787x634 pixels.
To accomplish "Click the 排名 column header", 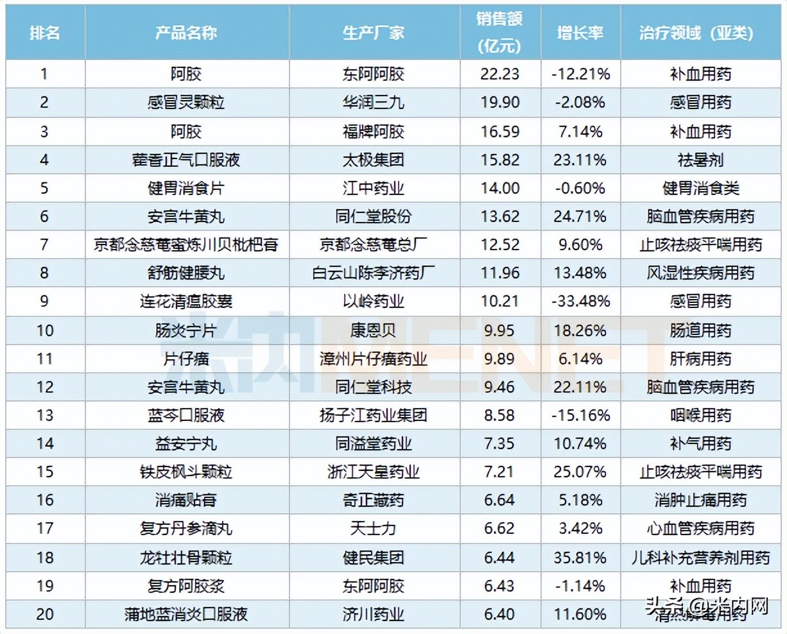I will [44, 33].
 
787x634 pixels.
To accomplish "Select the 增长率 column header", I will [580, 33].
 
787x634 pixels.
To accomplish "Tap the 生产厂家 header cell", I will [374, 33].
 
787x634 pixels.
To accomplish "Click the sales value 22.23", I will [499, 74].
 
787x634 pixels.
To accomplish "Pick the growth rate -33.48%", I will [580, 301].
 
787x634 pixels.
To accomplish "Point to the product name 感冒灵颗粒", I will [186, 103].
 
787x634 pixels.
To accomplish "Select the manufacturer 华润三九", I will [374, 103].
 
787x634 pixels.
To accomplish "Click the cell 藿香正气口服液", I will [186, 160].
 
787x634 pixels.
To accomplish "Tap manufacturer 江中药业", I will [374, 188].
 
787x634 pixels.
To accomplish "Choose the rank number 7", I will [44, 244].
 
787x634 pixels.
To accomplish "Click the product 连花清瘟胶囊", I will [186, 301].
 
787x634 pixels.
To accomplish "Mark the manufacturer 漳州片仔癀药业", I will [374, 358].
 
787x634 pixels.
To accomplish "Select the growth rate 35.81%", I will [580, 557].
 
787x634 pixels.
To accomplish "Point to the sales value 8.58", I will [499, 415].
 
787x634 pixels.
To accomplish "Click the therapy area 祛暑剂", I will [700, 160].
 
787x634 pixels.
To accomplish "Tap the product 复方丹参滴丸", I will [186, 528].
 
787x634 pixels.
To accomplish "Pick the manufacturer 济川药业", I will [374, 614].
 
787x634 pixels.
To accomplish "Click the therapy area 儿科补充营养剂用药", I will [700, 557].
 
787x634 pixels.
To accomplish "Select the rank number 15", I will [44, 472].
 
